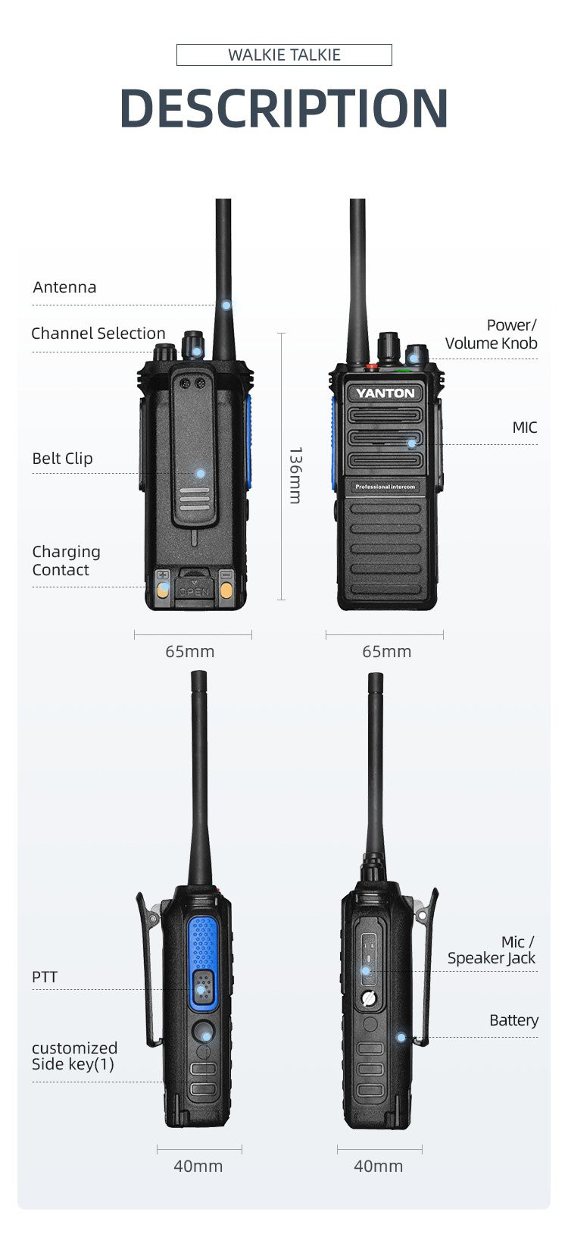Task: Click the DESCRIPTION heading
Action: [284, 108]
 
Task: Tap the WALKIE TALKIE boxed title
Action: [284, 55]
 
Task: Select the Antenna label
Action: [64, 287]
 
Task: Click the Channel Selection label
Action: [98, 334]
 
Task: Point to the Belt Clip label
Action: [62, 459]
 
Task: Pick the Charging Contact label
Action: [66, 561]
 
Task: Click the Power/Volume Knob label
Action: [492, 334]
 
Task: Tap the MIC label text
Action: [524, 428]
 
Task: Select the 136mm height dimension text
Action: [295, 475]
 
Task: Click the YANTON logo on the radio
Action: [385, 393]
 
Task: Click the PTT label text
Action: [45, 977]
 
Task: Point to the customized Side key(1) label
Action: [74, 1056]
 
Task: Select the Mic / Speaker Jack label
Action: [492, 950]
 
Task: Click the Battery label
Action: [513, 1020]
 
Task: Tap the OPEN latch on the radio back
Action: [194, 590]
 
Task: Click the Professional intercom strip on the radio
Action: [385, 487]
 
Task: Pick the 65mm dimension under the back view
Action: [190, 652]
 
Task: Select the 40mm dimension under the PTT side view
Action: [198, 1166]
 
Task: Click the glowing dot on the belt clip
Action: [200, 473]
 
